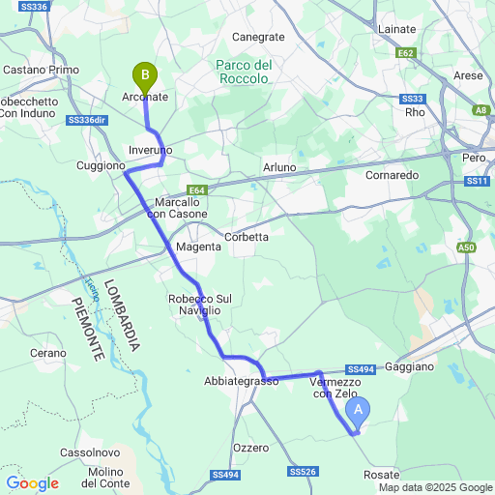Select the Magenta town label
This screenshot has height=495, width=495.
tap(198, 247)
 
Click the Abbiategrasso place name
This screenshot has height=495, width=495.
tap(241, 382)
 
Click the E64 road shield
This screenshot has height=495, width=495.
tap(198, 190)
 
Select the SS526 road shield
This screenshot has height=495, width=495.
tap(303, 472)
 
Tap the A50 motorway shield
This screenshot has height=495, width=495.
tap(468, 247)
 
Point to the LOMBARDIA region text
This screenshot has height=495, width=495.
tap(123, 314)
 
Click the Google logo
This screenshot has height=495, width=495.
tap(32, 483)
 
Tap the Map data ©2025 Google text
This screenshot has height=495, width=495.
tap(435, 486)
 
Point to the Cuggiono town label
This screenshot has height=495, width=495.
tap(101, 166)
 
